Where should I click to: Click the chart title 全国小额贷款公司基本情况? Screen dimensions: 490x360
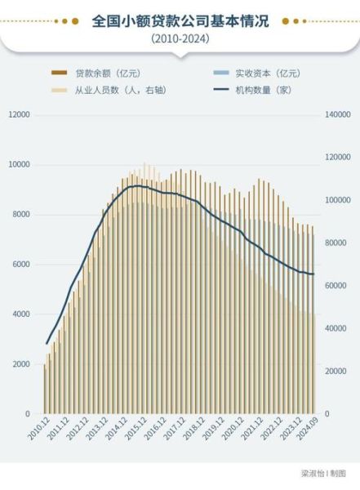(180, 20)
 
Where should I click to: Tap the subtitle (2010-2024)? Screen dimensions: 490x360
(180, 39)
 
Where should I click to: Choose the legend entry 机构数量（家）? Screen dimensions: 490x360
(260, 89)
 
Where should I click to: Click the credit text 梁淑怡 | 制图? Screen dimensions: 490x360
(323, 473)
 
